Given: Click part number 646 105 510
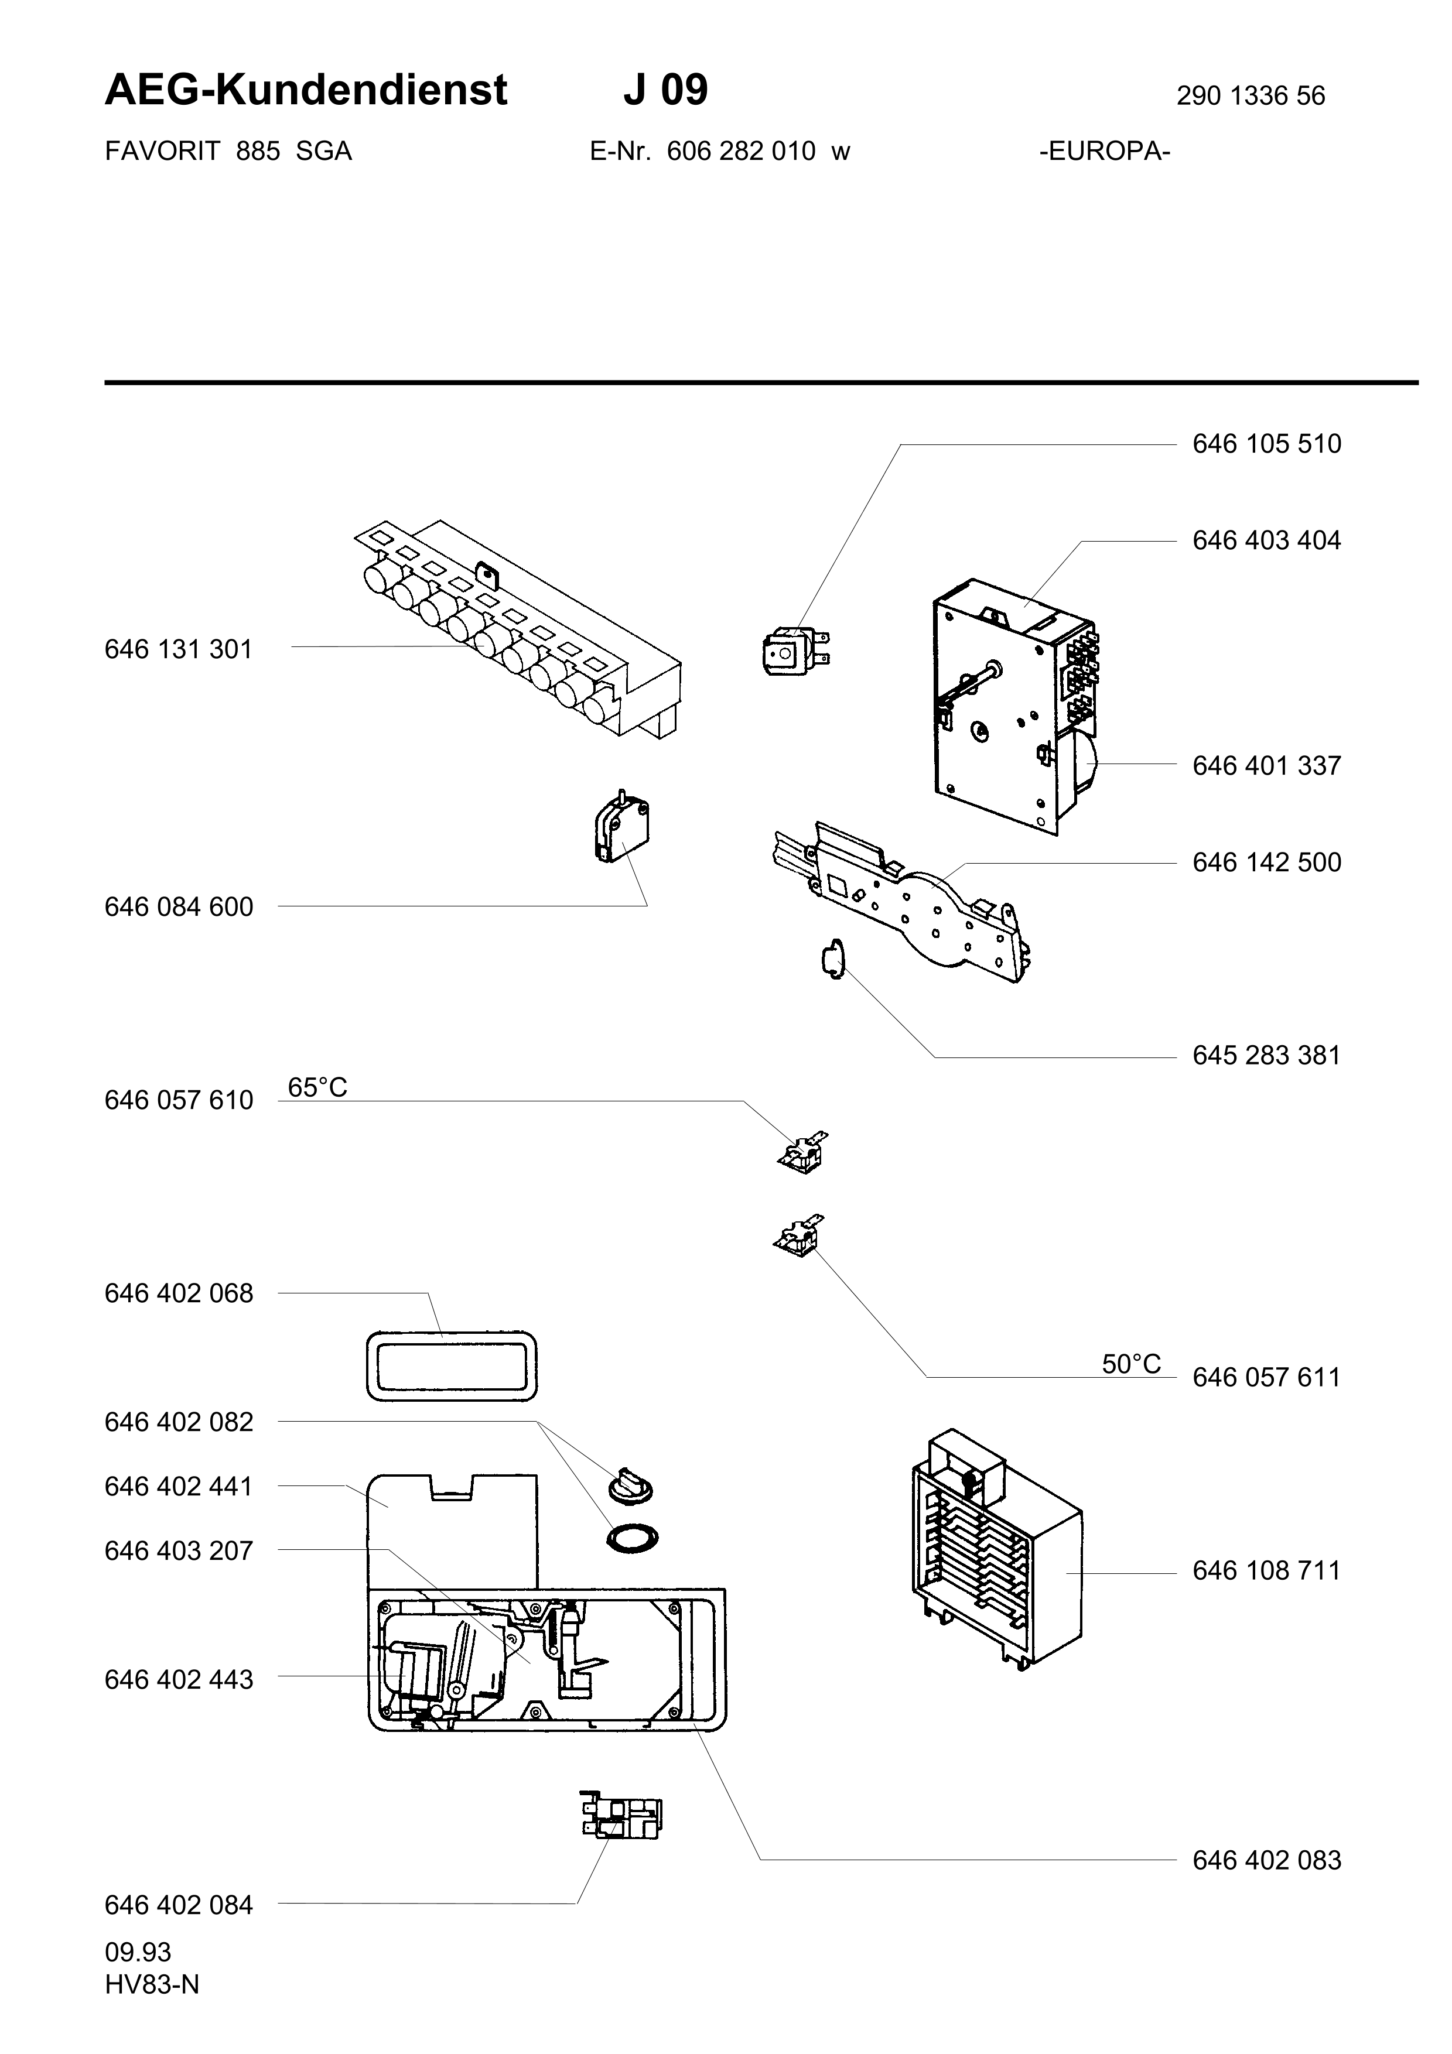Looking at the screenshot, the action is coord(1267,444).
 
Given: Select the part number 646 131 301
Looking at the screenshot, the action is coord(179,649).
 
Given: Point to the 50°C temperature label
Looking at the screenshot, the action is coord(1132,1364).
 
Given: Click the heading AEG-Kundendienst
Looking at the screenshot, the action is coord(306,90).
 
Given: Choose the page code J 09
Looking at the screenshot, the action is coord(665,90).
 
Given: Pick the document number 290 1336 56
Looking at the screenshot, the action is coord(1251,95).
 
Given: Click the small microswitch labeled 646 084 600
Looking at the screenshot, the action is coord(622,827).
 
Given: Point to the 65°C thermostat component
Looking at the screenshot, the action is coord(804,1152).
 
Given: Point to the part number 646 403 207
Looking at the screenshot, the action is coord(179,1550).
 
